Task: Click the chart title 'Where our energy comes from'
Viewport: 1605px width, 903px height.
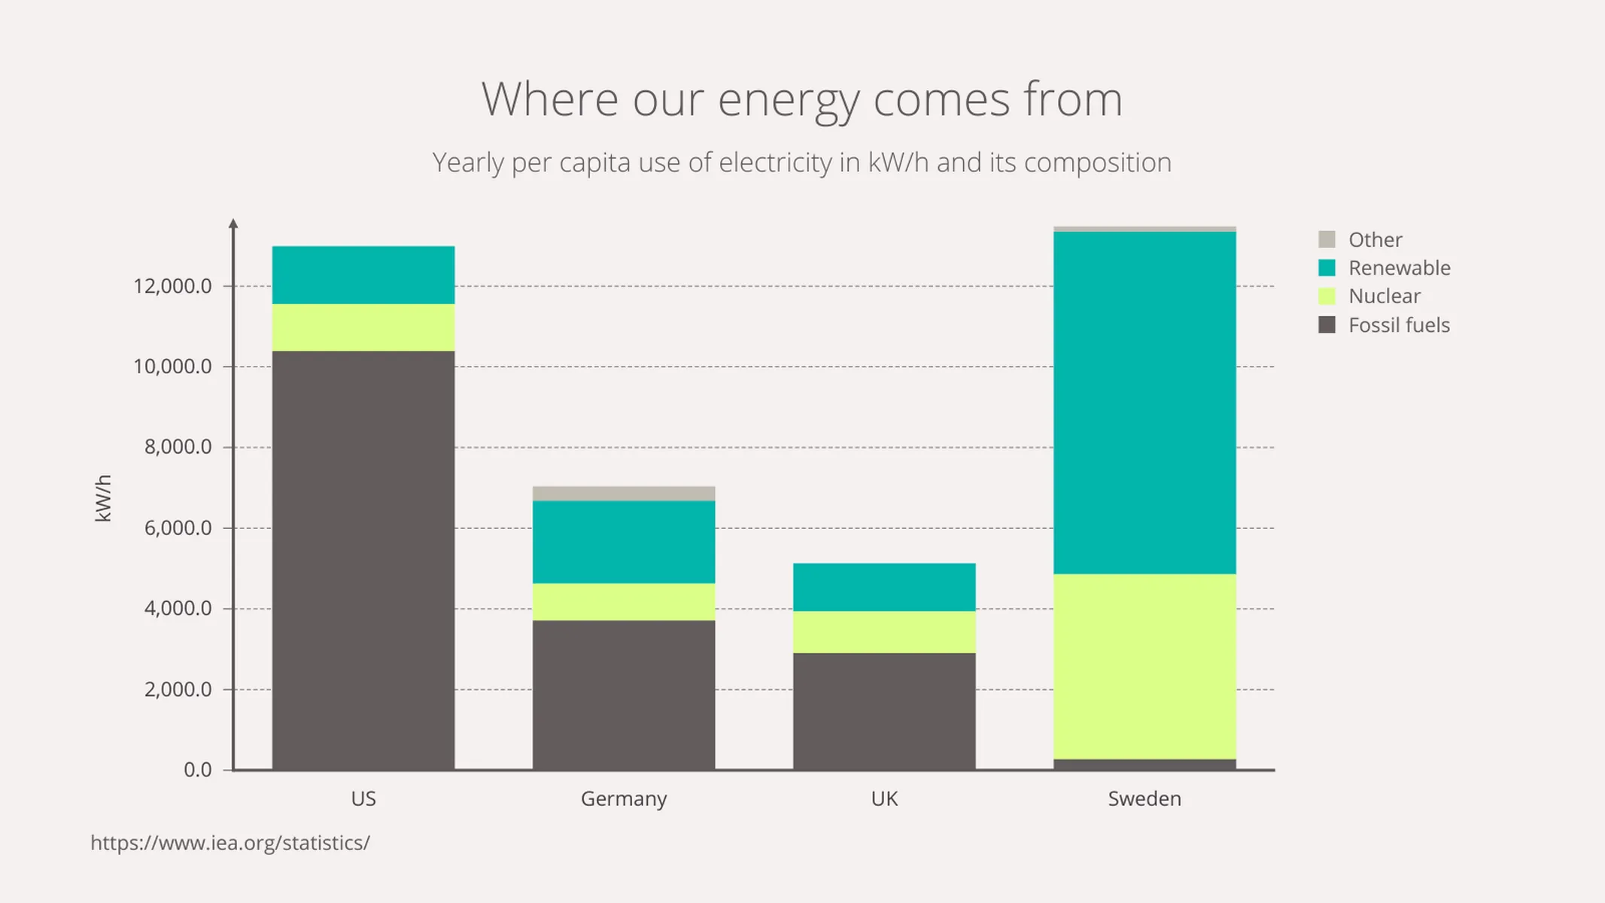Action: tap(801, 99)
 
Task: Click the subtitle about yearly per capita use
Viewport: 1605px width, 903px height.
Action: tap(801, 163)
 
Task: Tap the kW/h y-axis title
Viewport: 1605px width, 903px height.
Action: tap(103, 498)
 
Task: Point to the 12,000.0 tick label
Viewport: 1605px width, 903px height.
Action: tap(172, 286)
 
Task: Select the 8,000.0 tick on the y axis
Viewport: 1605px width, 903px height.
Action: tap(178, 447)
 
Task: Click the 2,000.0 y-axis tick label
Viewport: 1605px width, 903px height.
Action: tap(178, 689)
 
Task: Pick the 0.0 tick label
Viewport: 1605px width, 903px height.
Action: tap(197, 770)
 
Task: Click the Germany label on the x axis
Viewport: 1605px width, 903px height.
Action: tap(624, 798)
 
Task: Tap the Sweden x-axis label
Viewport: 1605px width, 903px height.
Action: tap(1144, 798)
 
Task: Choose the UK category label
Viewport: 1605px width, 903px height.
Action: tap(884, 798)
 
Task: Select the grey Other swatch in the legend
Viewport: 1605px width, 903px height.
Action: tap(1327, 239)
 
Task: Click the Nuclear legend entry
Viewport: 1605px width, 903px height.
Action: tap(1384, 296)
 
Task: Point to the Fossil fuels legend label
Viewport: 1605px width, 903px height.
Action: tap(1398, 325)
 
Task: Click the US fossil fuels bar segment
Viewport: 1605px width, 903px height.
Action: tap(363, 561)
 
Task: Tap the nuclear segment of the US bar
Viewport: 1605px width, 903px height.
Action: tap(363, 327)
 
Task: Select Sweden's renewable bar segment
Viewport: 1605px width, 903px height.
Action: tap(1144, 403)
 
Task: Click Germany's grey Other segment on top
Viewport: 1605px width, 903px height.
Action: tap(624, 494)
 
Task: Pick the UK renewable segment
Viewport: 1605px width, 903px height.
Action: tap(884, 587)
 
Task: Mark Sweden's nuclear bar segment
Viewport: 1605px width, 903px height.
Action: tap(1144, 666)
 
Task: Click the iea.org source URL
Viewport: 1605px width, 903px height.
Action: tap(230, 843)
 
